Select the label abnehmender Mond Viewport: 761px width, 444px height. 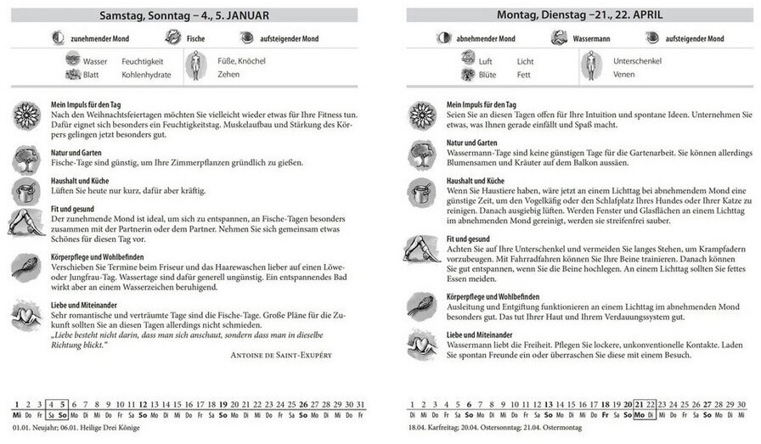[x=488, y=38]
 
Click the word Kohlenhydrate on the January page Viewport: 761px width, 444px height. [x=146, y=75]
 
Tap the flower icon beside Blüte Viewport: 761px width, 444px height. [x=467, y=75]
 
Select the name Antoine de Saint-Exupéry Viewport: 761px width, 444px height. [x=281, y=355]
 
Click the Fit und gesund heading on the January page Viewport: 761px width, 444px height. [x=71, y=209]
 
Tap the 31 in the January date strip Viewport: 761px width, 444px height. [x=361, y=404]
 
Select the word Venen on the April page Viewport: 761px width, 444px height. [x=623, y=75]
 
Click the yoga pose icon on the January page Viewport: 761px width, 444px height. [x=26, y=222]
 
